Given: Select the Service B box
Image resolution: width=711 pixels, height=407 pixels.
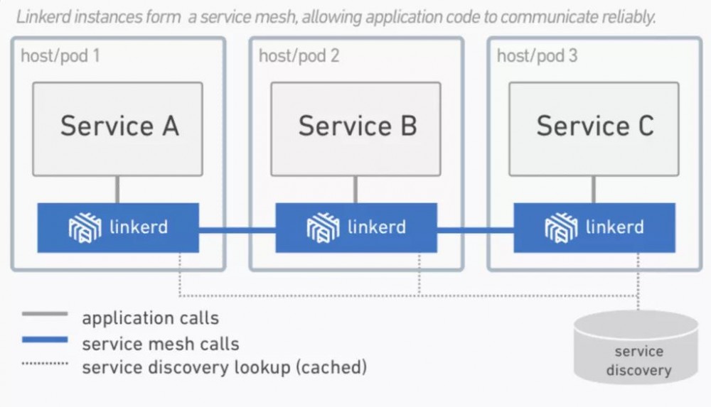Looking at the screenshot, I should [x=355, y=129].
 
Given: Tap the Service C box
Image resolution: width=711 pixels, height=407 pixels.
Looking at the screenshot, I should [x=594, y=129].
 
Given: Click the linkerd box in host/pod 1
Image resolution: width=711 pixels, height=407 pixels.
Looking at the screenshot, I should [x=118, y=228].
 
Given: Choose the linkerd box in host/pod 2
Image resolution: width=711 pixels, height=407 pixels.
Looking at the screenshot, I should [x=356, y=228].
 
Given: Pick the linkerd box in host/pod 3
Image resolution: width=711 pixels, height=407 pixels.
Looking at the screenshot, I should [x=594, y=228].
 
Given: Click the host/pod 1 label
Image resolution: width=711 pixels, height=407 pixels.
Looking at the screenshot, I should [x=60, y=55].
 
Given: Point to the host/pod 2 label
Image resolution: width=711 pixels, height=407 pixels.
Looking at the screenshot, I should [x=299, y=55].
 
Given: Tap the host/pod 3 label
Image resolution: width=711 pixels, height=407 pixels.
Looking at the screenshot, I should [x=537, y=55].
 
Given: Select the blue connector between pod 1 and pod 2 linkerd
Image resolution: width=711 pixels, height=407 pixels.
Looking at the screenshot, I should [x=237, y=229].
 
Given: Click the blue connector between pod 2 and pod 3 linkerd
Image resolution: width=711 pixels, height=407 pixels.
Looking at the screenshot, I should [x=475, y=229].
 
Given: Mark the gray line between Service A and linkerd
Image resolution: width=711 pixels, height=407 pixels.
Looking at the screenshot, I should [x=118, y=189].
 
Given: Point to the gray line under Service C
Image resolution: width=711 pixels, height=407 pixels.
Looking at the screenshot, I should [x=594, y=189].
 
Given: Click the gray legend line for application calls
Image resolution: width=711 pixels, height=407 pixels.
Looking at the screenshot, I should [x=45, y=314].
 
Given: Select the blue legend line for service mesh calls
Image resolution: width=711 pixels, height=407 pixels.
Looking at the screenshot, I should [x=45, y=340].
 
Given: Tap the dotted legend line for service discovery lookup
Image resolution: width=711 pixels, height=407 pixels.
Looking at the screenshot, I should [x=45, y=364].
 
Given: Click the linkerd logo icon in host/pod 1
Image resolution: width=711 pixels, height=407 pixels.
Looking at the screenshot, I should [x=84, y=228].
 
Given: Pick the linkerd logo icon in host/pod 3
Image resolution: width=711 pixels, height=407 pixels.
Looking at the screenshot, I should [x=560, y=228].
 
